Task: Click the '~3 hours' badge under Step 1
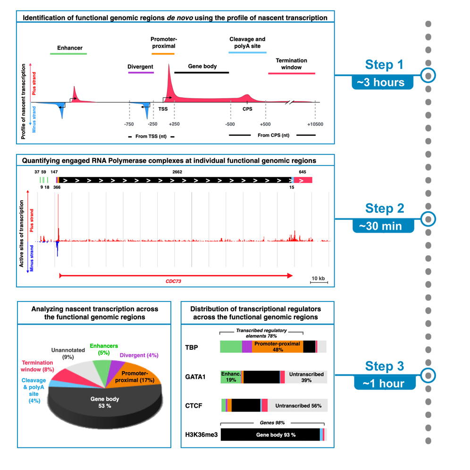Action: coord(383,82)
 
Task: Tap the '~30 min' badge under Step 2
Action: coord(383,226)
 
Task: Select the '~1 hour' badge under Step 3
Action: coord(384,383)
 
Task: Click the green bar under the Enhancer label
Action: coord(68,54)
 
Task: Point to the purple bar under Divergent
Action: coord(140,73)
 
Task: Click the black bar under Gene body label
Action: coord(201,73)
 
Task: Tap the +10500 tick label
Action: coord(315,124)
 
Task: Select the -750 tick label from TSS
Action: coord(128,124)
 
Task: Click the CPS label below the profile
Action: coord(247,109)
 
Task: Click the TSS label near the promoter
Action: coord(163,109)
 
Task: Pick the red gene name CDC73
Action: coord(173,281)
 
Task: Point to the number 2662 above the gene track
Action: coord(177,172)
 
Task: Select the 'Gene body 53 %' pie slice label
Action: coord(105,403)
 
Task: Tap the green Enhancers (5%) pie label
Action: coord(105,349)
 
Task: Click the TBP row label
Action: coord(192,347)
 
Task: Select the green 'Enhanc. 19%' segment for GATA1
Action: coord(231,377)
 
